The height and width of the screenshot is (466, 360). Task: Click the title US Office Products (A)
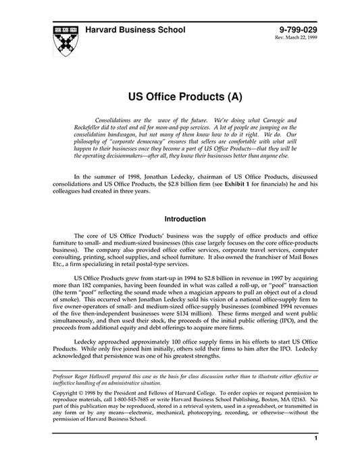(x=180, y=97)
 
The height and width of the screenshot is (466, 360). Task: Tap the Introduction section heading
(x=180, y=219)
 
